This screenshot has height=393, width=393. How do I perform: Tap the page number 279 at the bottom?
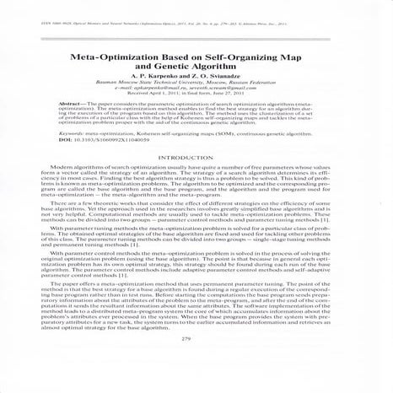pos(196,363)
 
